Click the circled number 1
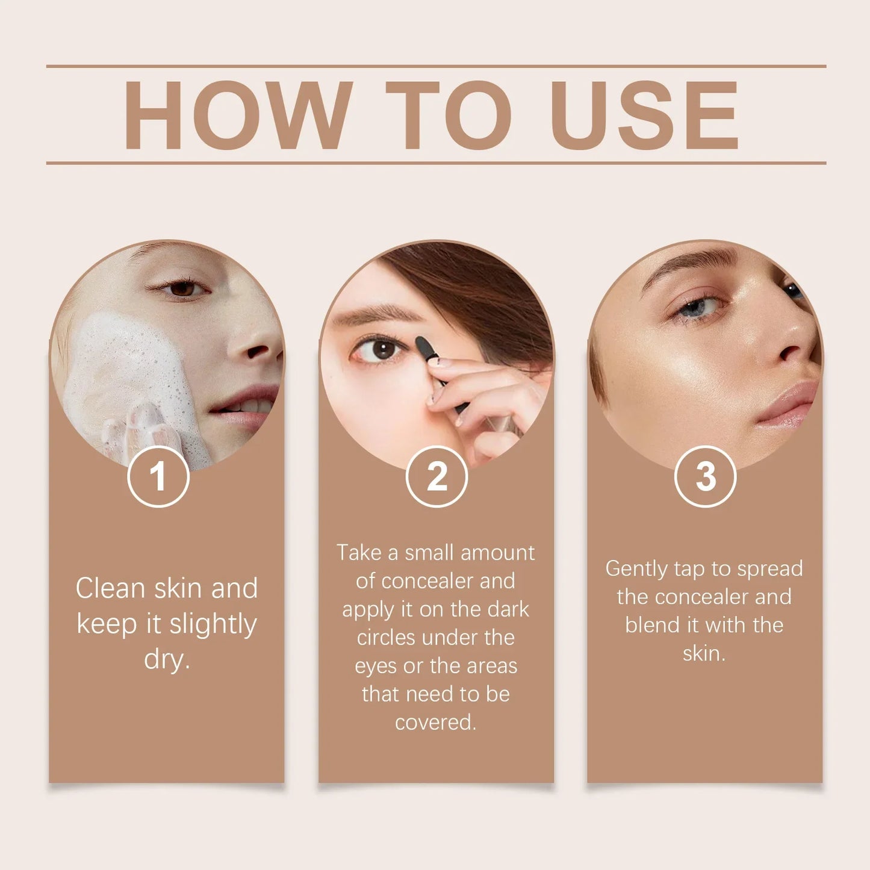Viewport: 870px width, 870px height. pyautogui.click(x=158, y=476)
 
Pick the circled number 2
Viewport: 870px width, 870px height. pyautogui.click(x=437, y=476)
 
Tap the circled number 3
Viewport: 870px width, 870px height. pyautogui.click(x=705, y=476)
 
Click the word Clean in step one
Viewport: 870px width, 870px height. pyautogui.click(x=111, y=588)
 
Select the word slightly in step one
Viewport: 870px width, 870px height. pyautogui.click(x=213, y=624)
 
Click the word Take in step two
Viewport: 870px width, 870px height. pyautogui.click(x=359, y=553)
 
